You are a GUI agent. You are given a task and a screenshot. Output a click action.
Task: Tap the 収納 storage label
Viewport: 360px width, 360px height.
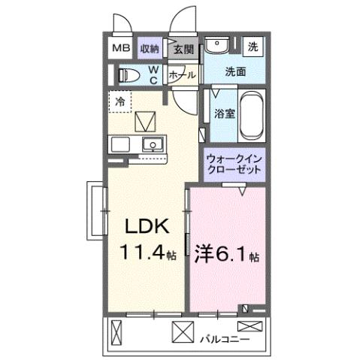(x=150, y=49)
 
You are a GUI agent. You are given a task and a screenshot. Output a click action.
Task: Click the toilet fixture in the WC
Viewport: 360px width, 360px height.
(x=127, y=74)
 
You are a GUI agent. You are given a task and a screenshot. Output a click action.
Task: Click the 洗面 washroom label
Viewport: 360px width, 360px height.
(x=235, y=73)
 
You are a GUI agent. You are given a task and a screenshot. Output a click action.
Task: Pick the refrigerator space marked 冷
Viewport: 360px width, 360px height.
(x=119, y=98)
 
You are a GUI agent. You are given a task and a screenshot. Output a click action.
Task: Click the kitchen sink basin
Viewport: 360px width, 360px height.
(x=153, y=144)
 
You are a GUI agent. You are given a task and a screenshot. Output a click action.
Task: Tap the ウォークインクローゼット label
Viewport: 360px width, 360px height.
(x=234, y=164)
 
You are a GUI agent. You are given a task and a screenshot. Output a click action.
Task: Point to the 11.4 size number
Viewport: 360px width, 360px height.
(x=141, y=254)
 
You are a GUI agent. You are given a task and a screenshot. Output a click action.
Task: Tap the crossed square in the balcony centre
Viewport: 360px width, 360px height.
(x=181, y=329)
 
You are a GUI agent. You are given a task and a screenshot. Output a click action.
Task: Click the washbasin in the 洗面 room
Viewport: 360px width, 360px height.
(x=218, y=45)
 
